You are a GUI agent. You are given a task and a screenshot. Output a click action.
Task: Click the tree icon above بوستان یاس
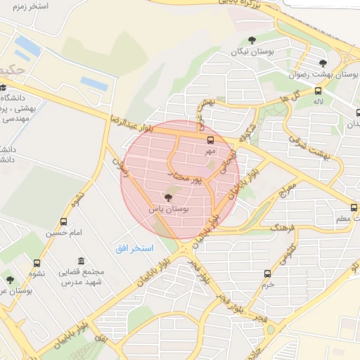pos(167,198)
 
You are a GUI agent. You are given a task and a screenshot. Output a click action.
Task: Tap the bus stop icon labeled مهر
pos(210,140)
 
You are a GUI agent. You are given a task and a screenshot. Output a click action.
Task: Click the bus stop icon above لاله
pos(319,91)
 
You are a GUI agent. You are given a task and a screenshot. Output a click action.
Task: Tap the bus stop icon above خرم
pos(266,274)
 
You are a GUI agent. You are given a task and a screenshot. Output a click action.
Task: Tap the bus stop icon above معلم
pos(354,207)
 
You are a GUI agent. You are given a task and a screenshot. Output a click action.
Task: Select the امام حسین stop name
pos(65,232)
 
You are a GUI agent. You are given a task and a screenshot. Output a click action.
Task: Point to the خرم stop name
pos(266,285)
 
